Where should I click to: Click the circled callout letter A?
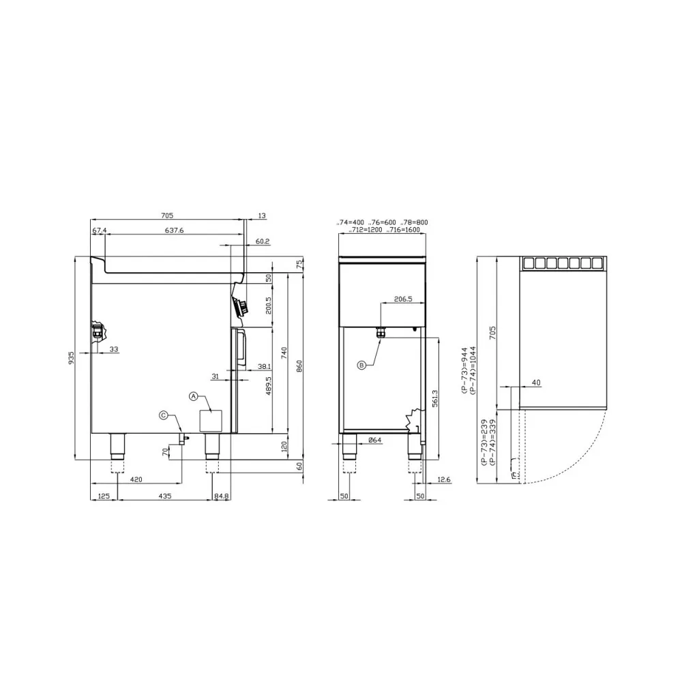193,396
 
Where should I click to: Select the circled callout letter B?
362,365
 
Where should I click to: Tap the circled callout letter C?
163,415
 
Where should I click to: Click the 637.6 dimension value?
174,231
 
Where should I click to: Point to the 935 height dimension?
71,358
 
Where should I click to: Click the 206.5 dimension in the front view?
404,299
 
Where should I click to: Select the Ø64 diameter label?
374,440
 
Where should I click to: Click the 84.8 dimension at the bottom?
222,496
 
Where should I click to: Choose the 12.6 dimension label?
443,480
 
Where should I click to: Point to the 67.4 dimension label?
99,231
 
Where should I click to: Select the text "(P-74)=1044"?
472,371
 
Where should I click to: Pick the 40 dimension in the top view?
536,383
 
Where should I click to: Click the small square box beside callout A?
211,420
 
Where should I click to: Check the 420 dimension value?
136,480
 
